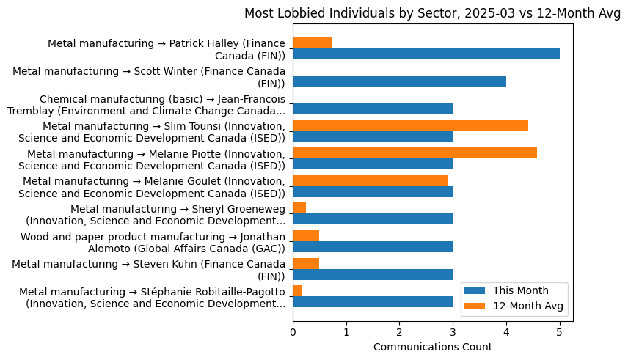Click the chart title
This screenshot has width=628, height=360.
pos(432,13)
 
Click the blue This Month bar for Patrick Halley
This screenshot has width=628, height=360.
pos(426,54)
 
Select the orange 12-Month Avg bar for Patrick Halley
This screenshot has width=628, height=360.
pos(313,43)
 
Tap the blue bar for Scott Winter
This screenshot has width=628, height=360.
pos(399,81)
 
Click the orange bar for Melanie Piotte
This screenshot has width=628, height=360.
pos(415,153)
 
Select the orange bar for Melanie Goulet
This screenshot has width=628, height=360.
pos(370,180)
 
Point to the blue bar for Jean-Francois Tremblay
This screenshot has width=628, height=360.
pos(373,109)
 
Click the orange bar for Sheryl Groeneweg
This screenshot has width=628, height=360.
pos(299,208)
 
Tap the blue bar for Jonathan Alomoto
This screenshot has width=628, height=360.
pos(373,247)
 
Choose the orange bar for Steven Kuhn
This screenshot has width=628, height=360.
pos(306,263)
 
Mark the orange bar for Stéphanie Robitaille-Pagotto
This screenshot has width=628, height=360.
pos(297,291)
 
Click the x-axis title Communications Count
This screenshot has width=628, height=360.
pos(432,347)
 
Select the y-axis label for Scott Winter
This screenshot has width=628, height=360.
pos(149,77)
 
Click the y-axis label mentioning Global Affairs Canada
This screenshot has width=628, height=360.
pos(153,243)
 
